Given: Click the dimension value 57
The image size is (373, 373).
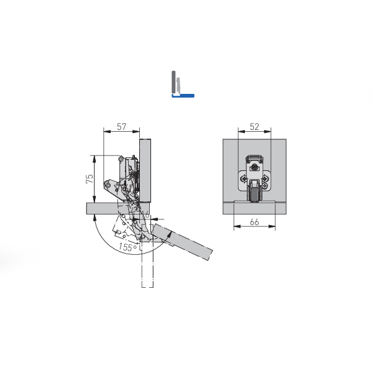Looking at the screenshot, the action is tap(122, 127).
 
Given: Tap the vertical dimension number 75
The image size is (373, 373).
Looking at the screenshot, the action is tap(90, 178).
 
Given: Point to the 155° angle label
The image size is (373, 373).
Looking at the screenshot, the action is tap(128, 247).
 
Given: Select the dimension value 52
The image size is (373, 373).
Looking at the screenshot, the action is tap(254, 127).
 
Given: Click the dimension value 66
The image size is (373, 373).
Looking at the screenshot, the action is tap(254, 222).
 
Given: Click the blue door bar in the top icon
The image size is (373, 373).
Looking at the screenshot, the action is tap(183, 96).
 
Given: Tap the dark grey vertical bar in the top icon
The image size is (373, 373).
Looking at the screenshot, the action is tap(173, 82).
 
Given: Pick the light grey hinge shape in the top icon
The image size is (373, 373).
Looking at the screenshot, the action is tap(178, 86).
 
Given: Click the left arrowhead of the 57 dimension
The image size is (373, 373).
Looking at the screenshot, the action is tap(107, 131).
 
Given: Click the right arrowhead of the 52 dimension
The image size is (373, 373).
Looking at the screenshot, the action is tap(268, 131).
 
